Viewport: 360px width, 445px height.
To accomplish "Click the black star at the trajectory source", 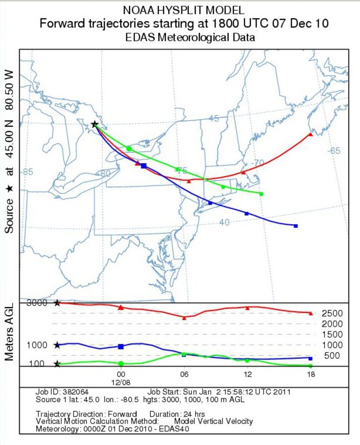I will (94, 124).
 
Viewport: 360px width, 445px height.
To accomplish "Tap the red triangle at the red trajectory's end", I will (310, 134).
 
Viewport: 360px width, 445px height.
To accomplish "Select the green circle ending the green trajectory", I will (261, 194).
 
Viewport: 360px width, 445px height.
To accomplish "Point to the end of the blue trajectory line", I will (296, 225).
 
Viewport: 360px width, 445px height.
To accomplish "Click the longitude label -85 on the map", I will (28, 172).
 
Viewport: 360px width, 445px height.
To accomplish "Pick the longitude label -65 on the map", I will (334, 151).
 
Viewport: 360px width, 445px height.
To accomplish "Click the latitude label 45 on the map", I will (214, 118).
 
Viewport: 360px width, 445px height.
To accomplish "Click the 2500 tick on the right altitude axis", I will (332, 313).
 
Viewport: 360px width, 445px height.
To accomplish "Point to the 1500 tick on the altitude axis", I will (332, 335).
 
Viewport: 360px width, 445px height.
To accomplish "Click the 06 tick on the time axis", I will (184, 375).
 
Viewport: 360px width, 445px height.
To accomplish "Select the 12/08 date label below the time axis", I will (121, 382).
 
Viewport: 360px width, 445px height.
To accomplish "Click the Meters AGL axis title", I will (11, 332).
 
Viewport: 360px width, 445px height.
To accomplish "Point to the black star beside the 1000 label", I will (57, 345).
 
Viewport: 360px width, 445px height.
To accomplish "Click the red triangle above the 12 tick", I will (247, 308).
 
